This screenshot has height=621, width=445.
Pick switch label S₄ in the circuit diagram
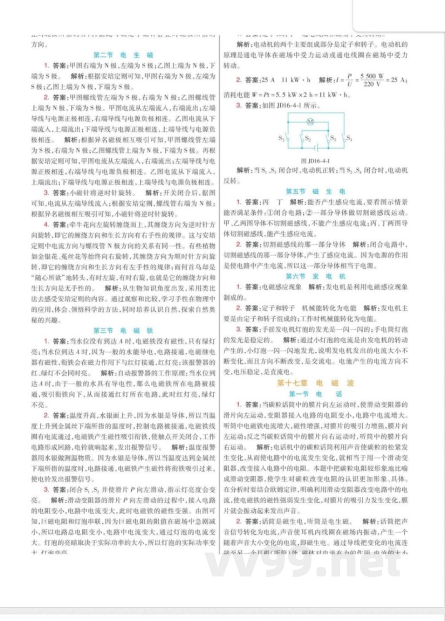[x=349, y=137]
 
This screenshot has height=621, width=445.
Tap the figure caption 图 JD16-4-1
[x=315, y=161]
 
